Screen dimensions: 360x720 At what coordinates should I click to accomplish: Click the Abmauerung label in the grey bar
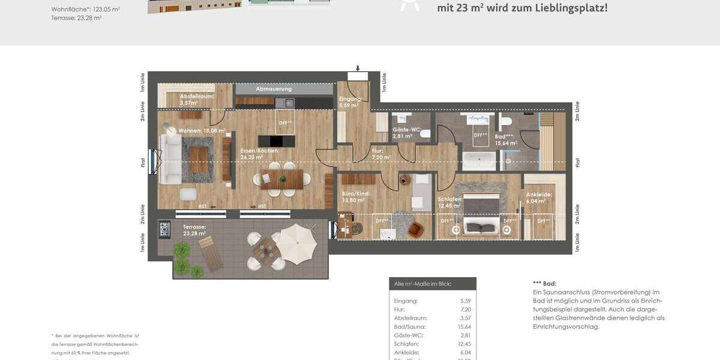[274, 89]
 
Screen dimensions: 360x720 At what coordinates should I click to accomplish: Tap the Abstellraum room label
[196, 96]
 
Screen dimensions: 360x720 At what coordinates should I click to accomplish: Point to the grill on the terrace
[164, 229]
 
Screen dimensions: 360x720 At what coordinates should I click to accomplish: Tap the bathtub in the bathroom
[479, 160]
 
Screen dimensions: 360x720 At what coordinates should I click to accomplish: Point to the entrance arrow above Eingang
[357, 68]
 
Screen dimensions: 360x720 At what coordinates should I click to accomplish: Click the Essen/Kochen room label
[259, 151]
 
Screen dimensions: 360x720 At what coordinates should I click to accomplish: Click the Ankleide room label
[539, 194]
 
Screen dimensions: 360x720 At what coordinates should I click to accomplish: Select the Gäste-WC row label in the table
[406, 335]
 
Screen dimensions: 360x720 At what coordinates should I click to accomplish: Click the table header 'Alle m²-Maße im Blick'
[422, 284]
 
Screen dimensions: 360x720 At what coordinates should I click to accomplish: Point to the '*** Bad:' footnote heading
[544, 283]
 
